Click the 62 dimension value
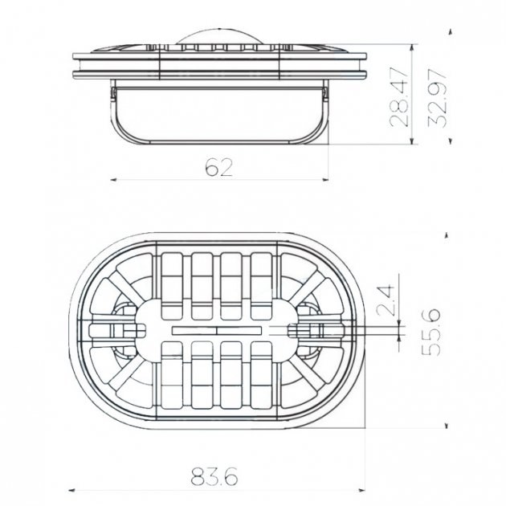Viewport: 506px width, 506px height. tap(218, 168)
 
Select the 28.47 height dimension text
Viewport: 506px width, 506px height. tap(399, 97)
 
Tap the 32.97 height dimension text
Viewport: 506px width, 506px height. tap(437, 99)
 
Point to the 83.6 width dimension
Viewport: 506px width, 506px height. tap(214, 476)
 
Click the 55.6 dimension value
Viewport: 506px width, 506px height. tap(431, 332)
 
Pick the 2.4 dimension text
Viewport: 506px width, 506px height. tap(386, 300)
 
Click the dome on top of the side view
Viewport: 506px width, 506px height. tap(219, 36)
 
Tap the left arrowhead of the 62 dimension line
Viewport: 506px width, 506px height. tap(113, 180)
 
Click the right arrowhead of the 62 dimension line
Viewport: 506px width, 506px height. tap(325, 180)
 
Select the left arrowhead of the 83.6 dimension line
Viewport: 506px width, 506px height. tap(72, 491)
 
